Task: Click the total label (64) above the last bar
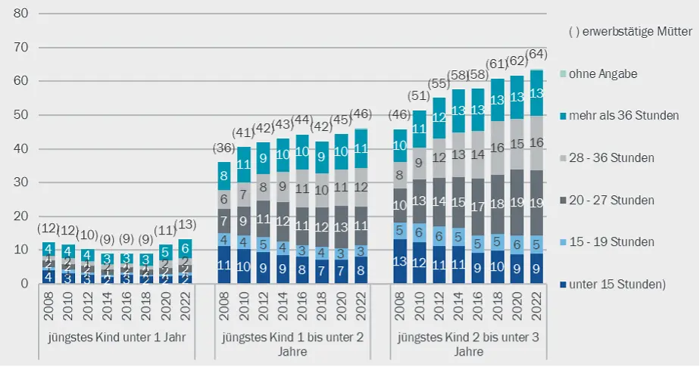tap(536, 54)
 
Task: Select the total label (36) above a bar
tap(223, 148)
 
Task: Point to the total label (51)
tap(419, 96)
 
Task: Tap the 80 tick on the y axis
tap(21, 14)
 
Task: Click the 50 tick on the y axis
tap(21, 115)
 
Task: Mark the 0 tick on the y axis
tap(25, 284)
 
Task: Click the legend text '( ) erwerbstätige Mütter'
tap(630, 32)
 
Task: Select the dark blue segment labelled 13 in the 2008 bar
tap(399, 261)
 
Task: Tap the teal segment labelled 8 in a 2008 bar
tap(223, 176)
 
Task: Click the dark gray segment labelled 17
tap(478, 207)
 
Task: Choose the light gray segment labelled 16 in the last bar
tap(536, 143)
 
